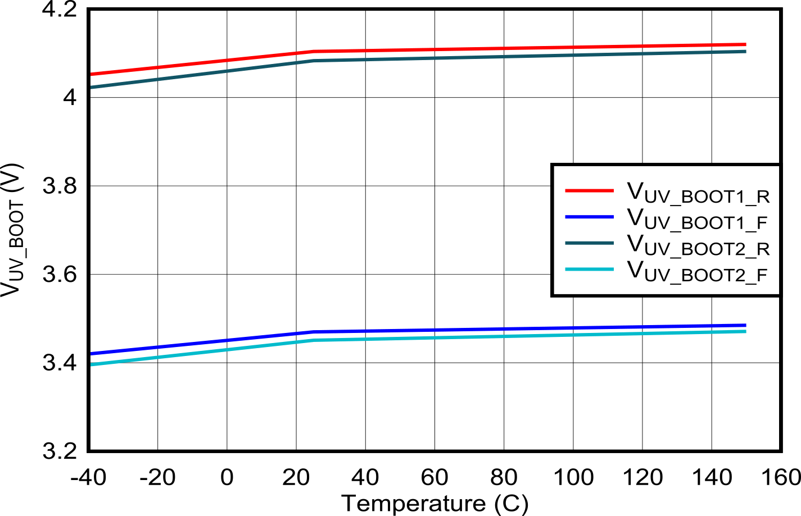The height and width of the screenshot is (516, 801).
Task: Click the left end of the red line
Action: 91,74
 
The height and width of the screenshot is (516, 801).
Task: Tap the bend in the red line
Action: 315,52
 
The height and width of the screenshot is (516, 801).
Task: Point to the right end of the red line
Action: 746,44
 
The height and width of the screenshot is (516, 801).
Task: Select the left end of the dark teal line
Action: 91,87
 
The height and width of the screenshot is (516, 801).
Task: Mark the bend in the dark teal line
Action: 315,60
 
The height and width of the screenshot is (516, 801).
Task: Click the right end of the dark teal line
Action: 746,51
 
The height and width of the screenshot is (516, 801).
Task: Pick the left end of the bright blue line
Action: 91,354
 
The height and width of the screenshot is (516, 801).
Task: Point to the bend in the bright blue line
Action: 315,332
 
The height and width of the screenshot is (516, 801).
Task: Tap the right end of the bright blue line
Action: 746,325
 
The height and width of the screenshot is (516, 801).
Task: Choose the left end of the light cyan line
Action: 91,364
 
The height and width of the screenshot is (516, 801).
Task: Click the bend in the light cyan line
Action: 315,340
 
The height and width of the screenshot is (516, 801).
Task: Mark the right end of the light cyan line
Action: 746,332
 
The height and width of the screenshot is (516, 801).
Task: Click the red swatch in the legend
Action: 589,191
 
